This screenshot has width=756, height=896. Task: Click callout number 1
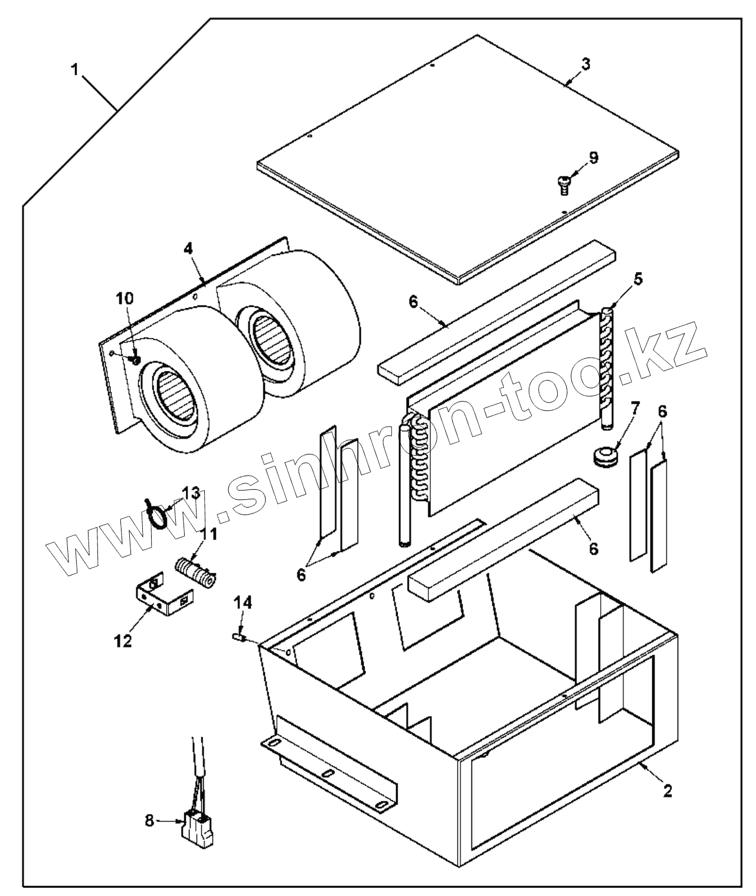pyautogui.click(x=74, y=70)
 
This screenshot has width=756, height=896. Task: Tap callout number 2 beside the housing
pyautogui.click(x=667, y=792)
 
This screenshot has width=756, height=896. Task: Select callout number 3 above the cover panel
pyautogui.click(x=584, y=64)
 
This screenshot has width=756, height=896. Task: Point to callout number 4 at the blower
pyautogui.click(x=188, y=248)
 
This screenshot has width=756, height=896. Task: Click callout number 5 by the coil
pyautogui.click(x=638, y=277)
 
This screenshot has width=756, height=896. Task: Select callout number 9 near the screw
pyautogui.click(x=593, y=157)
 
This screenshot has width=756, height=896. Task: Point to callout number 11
pyautogui.click(x=209, y=535)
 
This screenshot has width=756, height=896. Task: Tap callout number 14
pyautogui.click(x=243, y=603)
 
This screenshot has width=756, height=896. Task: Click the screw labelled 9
pyautogui.click(x=562, y=185)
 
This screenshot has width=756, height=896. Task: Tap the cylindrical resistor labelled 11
pyautogui.click(x=195, y=571)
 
